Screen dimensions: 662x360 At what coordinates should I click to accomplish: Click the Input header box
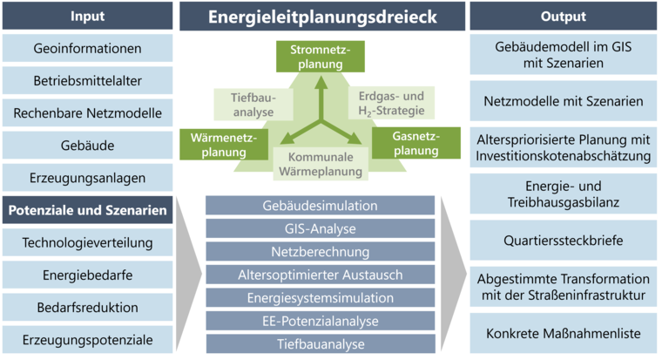point(87,16)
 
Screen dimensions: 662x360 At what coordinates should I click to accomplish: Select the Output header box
point(564,16)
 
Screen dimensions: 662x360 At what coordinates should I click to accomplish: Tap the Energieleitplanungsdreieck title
point(322,17)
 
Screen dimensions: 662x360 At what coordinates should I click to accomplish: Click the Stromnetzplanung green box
point(321,57)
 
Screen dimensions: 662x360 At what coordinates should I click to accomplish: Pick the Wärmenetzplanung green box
point(224,145)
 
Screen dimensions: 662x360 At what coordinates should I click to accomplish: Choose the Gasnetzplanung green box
point(416,143)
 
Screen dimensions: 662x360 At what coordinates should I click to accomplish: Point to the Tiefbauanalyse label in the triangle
point(253,105)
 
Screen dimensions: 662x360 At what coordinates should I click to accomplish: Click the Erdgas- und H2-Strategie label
point(391,103)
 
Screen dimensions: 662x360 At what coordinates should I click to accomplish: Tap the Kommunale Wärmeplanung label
point(321,164)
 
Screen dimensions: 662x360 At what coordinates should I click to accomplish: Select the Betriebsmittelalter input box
point(87,80)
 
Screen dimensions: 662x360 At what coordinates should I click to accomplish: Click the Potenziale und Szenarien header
point(87,210)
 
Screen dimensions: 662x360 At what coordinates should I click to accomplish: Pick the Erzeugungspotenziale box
point(87,340)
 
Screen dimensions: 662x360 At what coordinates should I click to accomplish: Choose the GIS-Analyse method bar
point(321,228)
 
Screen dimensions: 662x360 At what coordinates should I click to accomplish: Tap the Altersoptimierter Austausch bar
point(321,275)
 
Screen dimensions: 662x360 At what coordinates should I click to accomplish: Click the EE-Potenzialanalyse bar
point(321,321)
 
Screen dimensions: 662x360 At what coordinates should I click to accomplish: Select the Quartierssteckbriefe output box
point(564,241)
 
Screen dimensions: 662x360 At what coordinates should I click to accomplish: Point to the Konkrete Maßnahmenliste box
point(564,333)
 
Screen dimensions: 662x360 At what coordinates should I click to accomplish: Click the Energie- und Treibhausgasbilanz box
point(564,194)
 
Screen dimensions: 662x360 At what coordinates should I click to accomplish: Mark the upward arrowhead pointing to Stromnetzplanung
point(321,83)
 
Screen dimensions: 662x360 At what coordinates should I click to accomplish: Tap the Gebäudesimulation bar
point(321,206)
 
